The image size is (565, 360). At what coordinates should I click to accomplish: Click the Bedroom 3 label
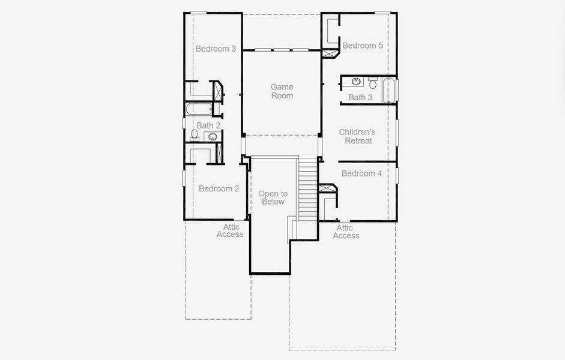pos(216,49)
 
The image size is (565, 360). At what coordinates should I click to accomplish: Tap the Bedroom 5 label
pos(362,46)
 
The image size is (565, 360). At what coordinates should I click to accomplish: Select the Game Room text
pos(282,91)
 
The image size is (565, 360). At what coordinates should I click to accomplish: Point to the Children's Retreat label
pos(357,136)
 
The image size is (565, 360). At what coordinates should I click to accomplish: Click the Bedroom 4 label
pos(361,173)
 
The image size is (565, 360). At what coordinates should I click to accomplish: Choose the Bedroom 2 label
pos(219,188)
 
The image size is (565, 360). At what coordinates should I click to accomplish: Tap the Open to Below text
pos(273,197)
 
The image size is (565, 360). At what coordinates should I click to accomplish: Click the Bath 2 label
pos(208,125)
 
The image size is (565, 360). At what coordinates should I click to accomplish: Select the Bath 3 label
pos(360,97)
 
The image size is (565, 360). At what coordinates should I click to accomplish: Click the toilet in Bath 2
pos(195,135)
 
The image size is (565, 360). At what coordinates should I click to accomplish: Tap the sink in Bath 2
pos(212,137)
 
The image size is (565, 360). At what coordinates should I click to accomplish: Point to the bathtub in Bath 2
pos(198,109)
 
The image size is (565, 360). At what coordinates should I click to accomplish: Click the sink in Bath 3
pos(356,82)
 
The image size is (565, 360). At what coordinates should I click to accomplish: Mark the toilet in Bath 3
pos(372,82)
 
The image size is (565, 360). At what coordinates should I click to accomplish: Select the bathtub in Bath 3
pos(390,90)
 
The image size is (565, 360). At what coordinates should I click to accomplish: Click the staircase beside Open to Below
pos(307,189)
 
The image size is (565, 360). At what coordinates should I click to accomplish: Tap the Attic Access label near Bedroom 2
pos(231,230)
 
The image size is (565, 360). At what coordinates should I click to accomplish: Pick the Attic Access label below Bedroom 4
pos(346,232)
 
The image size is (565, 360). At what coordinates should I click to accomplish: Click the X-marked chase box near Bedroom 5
pos(330,53)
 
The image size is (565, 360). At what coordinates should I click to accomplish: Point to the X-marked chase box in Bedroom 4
pos(327,188)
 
